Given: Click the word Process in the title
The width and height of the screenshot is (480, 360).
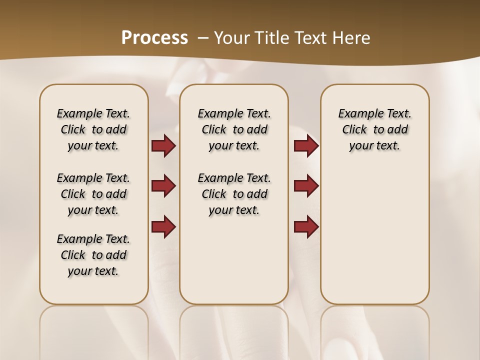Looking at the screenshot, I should (154, 37).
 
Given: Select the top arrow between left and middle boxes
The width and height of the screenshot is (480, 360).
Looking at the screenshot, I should (163, 146).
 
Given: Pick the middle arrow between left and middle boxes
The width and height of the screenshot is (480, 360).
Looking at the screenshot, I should (163, 186).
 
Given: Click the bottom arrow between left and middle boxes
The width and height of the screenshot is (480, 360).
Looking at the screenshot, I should (163, 226).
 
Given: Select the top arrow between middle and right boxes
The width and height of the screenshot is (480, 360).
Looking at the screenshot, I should (306, 146).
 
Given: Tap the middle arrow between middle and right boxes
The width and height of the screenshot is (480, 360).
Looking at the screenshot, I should (306, 186).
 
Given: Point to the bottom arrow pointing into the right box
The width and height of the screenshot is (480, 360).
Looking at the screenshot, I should (306, 226).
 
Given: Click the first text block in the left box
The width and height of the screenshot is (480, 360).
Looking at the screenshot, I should (93, 129).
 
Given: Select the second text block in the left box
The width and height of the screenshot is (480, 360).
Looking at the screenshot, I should (93, 194).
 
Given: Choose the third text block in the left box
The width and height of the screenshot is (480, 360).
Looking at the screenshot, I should (93, 255).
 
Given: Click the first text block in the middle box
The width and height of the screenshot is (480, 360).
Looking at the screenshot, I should (234, 129).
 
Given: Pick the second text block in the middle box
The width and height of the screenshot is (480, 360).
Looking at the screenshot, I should (234, 194).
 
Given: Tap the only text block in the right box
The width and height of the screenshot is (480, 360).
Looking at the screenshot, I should (374, 129).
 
